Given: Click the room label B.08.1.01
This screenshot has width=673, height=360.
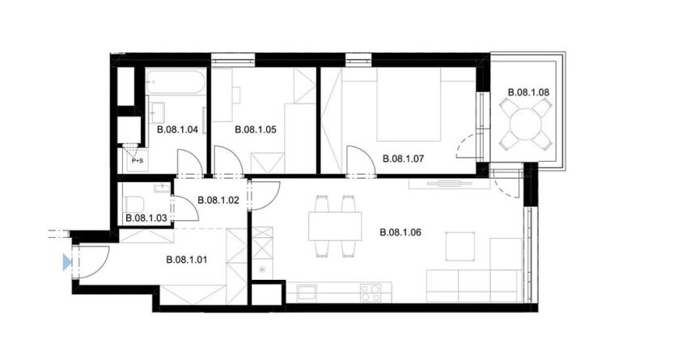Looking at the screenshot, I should [186, 260].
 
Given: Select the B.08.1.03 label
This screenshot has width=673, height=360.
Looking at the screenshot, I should [147, 218].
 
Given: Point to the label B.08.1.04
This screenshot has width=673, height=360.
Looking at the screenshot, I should [176, 129].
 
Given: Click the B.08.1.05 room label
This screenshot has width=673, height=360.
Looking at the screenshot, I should [256, 129].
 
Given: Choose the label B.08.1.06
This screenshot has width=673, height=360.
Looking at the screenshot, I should [400, 233].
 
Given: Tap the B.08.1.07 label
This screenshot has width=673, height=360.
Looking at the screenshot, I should [403, 159].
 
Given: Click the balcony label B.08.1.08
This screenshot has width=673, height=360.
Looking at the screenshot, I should [528, 92].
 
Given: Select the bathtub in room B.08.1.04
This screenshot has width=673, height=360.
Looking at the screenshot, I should [176, 82].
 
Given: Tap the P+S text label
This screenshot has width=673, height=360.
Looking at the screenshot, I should [138, 161].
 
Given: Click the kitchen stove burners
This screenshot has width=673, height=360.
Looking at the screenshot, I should [370, 292].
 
